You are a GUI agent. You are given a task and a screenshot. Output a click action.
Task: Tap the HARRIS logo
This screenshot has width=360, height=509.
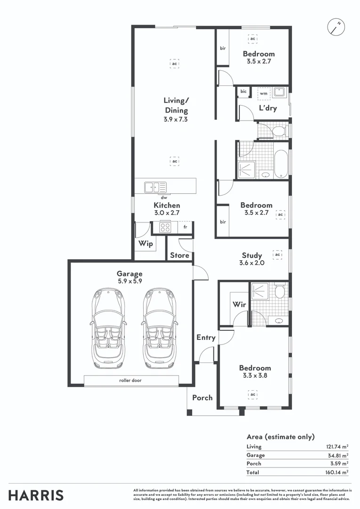(x=36, y=495)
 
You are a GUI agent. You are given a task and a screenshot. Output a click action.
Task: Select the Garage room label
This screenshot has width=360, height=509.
(x=130, y=273)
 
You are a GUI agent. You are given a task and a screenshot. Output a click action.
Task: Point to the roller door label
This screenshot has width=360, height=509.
(x=131, y=380)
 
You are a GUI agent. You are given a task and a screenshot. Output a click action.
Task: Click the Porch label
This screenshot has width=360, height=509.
(x=202, y=397)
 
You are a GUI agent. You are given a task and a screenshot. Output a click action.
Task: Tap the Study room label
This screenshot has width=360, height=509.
(x=252, y=255)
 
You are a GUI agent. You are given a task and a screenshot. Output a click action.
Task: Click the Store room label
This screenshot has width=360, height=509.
(x=180, y=255)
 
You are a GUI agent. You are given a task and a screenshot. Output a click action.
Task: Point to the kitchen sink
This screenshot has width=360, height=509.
(x=155, y=187)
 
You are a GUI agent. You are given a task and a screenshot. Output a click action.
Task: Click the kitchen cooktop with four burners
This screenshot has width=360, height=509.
(x=165, y=228)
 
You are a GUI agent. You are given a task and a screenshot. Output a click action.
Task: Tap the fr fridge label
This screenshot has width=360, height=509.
(x=186, y=227)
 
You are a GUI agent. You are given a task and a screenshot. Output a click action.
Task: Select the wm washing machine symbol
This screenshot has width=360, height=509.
(x=263, y=93)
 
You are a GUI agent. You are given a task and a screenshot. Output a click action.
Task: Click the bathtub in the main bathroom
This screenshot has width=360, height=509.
(x=281, y=164)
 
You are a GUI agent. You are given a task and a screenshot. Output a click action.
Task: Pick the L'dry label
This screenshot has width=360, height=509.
(x=268, y=108)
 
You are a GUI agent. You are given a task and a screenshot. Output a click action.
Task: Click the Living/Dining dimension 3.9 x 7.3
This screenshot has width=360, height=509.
(x=176, y=120)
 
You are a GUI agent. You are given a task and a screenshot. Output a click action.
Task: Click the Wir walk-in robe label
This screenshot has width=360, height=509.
(x=239, y=304)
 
